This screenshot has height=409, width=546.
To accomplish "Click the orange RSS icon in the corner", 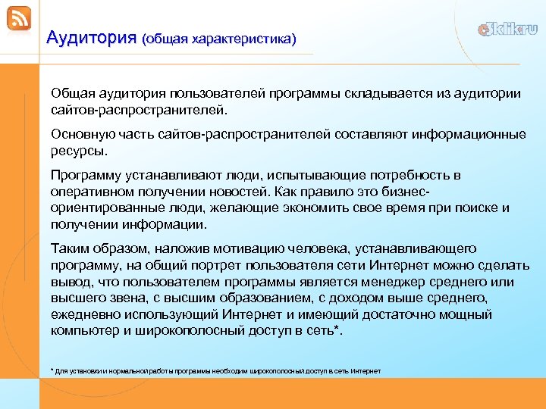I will tap(19, 18).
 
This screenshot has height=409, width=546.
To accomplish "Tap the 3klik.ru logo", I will tap(507, 30).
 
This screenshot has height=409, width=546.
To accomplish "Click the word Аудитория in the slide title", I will tap(90, 36).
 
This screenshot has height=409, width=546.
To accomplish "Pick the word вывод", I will tap(69, 282).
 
